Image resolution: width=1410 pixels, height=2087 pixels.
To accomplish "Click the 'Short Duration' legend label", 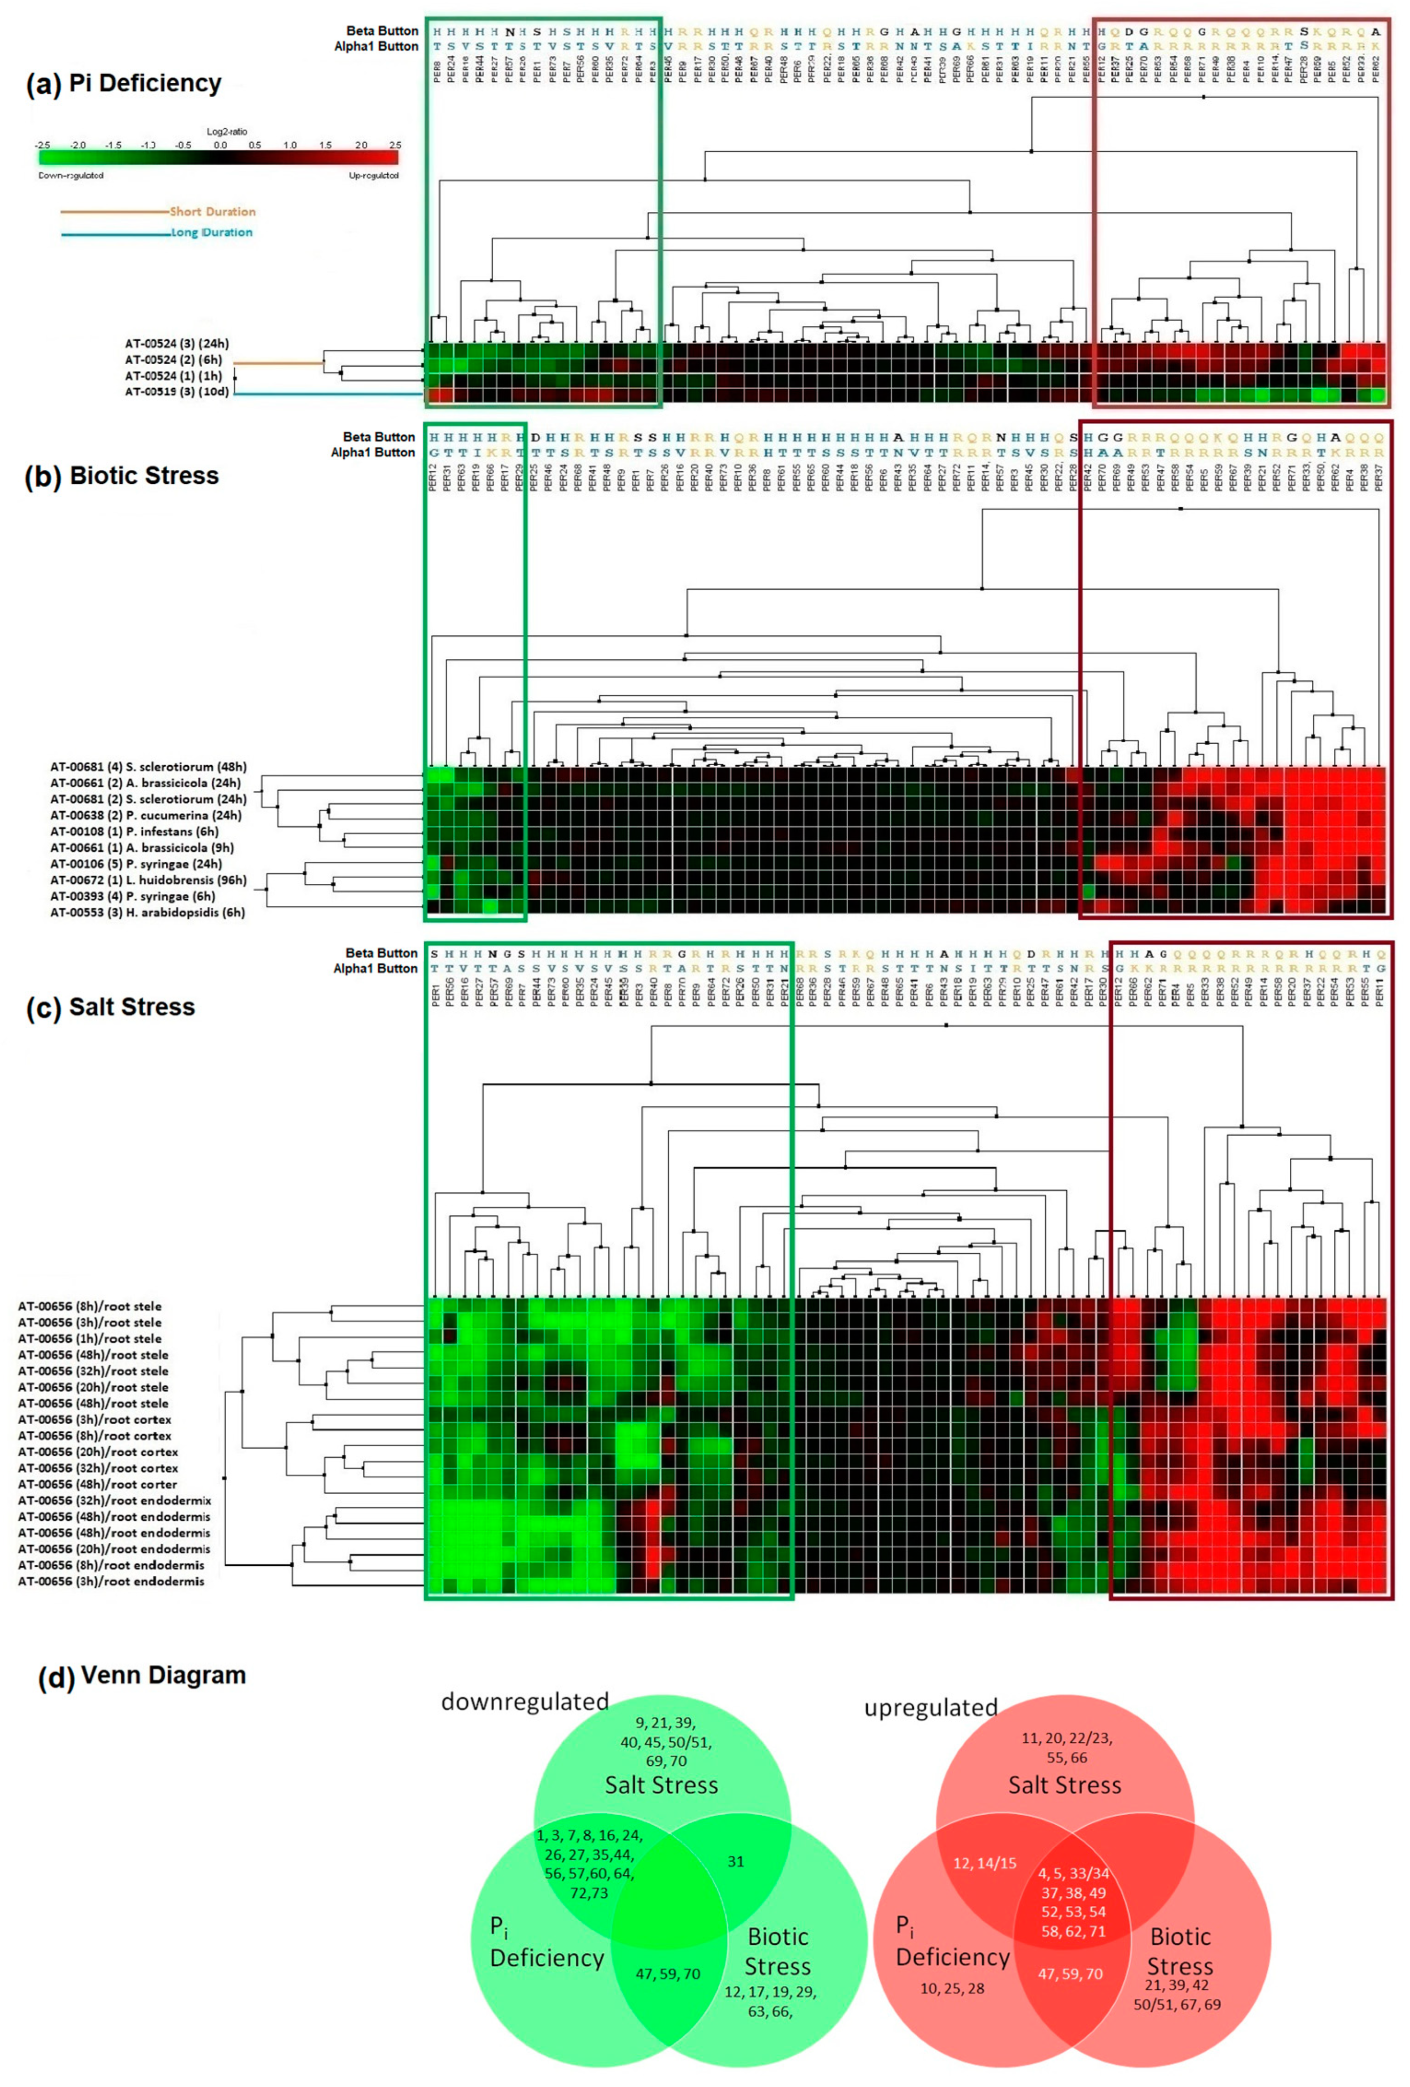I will pyautogui.click(x=213, y=212).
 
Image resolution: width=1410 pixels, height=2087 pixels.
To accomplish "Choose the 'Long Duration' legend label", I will pyautogui.click(x=212, y=233).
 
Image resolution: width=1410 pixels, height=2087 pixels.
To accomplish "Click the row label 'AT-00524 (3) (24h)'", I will pyautogui.click(x=177, y=344).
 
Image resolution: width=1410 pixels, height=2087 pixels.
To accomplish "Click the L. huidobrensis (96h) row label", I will pyautogui.click(x=148, y=880).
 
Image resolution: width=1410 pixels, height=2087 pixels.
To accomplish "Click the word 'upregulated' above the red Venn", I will pyautogui.click(x=931, y=1707).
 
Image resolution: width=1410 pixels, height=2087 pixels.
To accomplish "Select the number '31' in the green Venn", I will pyautogui.click(x=736, y=1861).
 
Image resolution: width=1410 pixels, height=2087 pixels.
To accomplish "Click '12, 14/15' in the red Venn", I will pyautogui.click(x=984, y=1863).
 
